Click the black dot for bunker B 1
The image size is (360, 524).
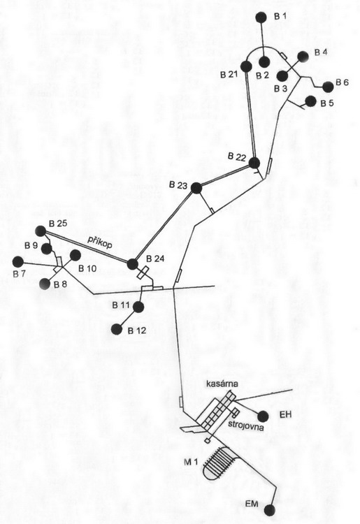[x=261, y=17]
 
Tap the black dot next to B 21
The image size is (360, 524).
[x=246, y=66]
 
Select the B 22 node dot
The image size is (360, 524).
[x=254, y=163]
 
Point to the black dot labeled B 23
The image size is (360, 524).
[x=196, y=188]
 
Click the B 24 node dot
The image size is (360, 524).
[x=133, y=264]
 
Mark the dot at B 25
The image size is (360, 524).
[x=41, y=231]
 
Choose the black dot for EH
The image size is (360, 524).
[x=263, y=416]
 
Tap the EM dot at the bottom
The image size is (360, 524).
[x=269, y=510]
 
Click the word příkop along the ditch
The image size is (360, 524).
[x=100, y=242]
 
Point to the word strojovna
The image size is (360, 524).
[x=246, y=426]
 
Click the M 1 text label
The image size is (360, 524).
[x=191, y=462]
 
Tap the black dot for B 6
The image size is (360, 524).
[x=329, y=87]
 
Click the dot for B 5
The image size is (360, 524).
[x=310, y=101]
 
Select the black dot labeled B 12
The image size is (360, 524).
[x=117, y=329]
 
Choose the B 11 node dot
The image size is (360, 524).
[x=138, y=307]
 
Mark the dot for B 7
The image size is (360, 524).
[x=17, y=262]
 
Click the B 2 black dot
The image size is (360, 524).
[x=264, y=61]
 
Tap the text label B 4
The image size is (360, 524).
[x=321, y=52]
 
